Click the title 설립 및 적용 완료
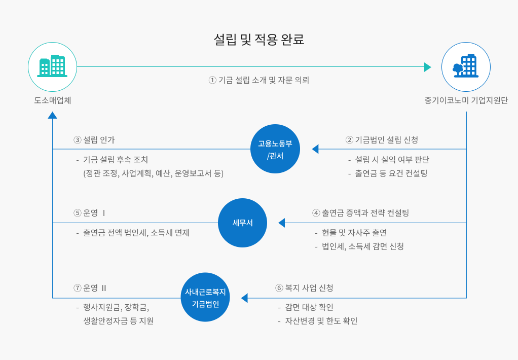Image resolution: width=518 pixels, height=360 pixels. (259, 40)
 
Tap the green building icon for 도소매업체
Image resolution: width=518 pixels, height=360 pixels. (52, 66)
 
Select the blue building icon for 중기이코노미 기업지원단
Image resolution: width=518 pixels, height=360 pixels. (466, 66)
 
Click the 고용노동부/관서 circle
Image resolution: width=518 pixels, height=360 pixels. (275, 149)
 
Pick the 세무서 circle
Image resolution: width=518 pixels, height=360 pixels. (242, 223)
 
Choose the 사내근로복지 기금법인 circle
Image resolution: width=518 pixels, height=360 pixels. (205, 298)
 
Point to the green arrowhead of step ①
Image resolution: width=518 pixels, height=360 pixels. (427, 67)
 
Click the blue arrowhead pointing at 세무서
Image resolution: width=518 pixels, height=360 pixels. (282, 223)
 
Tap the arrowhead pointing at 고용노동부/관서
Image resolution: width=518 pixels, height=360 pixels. (315, 149)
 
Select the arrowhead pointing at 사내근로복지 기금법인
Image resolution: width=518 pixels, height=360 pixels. (244, 298)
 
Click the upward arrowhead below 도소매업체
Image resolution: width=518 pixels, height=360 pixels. (52, 115)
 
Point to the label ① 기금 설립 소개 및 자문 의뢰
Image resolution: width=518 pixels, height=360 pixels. (258, 80)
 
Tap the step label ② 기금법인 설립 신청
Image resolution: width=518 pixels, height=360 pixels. (382, 139)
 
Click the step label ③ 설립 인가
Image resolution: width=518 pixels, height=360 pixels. (98, 139)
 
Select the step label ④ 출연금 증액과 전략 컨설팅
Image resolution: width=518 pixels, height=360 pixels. (360, 213)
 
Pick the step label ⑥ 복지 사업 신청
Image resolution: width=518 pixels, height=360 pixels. (305, 288)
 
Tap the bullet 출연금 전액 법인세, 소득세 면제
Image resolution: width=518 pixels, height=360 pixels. (136, 233)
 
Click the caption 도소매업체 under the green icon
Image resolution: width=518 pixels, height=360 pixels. (52, 100)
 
